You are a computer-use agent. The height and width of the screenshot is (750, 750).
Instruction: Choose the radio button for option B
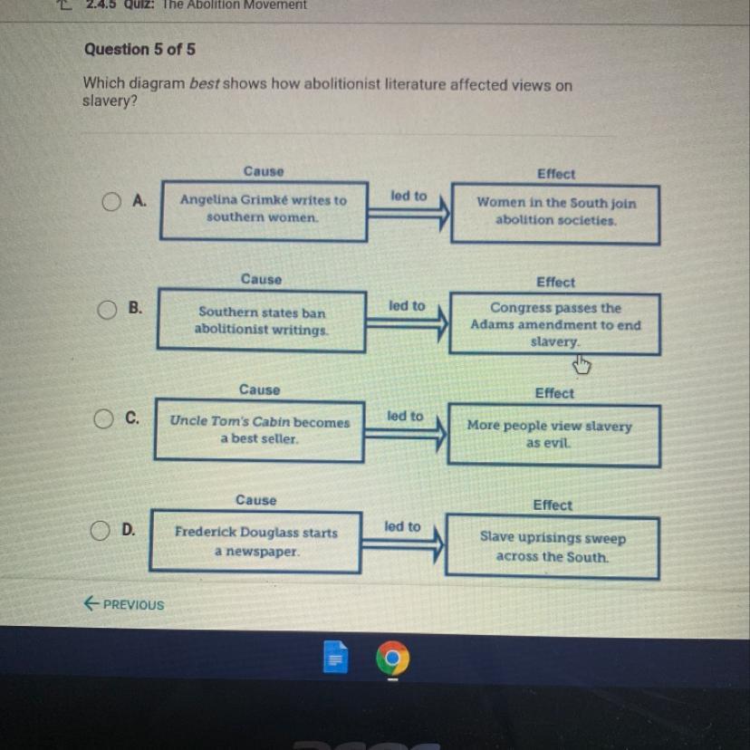[108, 310]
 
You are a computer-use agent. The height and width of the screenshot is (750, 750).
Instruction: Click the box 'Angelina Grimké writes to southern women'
[263, 210]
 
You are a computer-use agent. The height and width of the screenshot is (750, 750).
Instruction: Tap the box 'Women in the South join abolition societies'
[555, 213]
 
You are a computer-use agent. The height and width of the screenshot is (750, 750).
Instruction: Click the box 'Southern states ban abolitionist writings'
[261, 321]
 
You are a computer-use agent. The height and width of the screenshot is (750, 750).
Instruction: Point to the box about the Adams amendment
[554, 324]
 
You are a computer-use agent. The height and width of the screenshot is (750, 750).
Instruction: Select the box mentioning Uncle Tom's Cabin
[259, 430]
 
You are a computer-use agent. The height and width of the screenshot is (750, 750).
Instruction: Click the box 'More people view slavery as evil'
[550, 435]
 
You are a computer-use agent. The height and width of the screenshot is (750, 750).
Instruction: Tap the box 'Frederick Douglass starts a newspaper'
[255, 542]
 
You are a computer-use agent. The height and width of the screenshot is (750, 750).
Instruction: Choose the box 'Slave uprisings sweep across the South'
[552, 547]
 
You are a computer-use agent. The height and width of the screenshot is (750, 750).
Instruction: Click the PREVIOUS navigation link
[124, 604]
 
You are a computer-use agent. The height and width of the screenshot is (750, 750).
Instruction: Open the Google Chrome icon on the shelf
[392, 659]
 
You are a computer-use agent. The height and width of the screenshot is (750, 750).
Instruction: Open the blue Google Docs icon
[334, 659]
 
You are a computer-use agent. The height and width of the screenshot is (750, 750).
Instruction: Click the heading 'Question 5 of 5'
[139, 49]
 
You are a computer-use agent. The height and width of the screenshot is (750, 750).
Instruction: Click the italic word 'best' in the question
[205, 84]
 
